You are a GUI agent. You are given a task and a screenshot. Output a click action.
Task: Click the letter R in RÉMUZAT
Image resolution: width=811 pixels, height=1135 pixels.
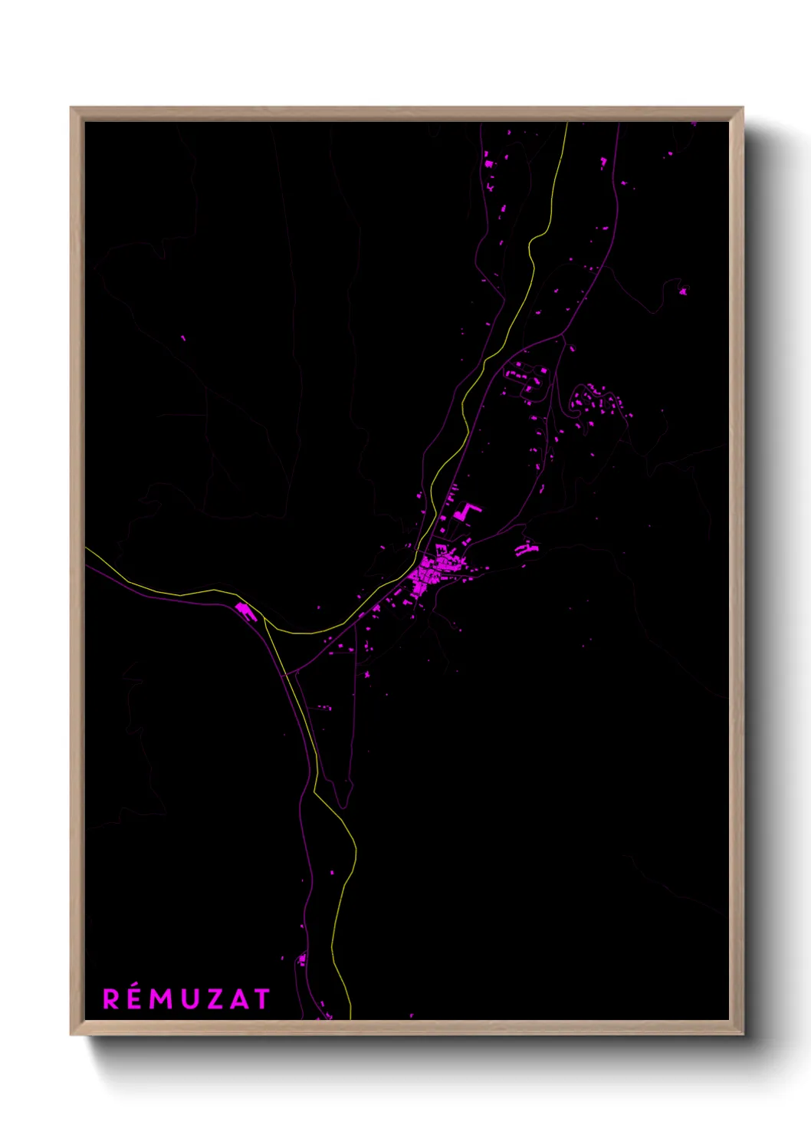[x=112, y=999]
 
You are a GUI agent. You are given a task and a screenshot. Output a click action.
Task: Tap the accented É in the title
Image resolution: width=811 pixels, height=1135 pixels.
[x=135, y=998]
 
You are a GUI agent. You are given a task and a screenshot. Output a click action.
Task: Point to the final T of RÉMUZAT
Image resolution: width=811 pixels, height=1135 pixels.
[x=262, y=999]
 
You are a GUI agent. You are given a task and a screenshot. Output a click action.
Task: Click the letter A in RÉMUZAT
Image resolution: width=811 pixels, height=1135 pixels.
[x=238, y=999]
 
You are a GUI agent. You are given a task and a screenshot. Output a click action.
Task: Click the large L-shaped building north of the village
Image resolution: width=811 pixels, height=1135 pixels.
[x=465, y=512]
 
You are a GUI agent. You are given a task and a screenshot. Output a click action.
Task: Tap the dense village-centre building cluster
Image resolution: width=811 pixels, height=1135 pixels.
[x=424, y=575]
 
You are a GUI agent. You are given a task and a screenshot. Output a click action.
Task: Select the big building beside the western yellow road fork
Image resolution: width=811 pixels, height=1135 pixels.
[x=245, y=610]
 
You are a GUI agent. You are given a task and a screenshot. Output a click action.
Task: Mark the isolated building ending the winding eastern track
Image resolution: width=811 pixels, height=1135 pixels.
[x=682, y=291]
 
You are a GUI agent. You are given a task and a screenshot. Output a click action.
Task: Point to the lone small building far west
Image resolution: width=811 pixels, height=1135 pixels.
[x=182, y=337]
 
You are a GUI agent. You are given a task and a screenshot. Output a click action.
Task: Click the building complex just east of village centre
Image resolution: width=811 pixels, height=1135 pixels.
[x=526, y=548]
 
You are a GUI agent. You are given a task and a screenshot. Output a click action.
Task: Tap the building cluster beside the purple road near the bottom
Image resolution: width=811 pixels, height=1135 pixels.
[x=302, y=959]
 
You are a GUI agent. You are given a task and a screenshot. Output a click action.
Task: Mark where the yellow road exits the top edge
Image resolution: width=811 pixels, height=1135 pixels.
[x=566, y=124]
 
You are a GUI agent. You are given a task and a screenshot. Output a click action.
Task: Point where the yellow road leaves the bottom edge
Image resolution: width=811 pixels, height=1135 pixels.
[x=350, y=1017]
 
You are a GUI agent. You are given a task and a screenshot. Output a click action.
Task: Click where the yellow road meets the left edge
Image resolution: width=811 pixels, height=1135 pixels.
[x=87, y=548]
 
